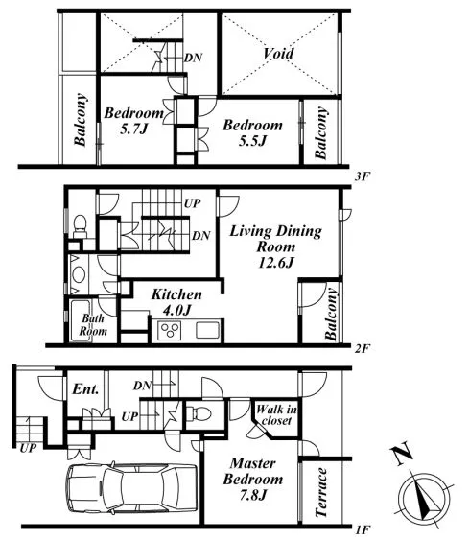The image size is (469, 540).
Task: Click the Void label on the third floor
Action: [x=278, y=54]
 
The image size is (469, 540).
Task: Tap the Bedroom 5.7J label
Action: [x=134, y=121]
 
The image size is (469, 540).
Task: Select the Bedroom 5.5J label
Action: [x=253, y=132]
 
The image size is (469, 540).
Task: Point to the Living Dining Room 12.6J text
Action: [x=276, y=247]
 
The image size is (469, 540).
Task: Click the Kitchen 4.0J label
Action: [x=176, y=302]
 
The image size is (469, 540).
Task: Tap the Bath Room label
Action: [x=93, y=324]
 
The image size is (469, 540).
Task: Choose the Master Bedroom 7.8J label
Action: [x=253, y=479]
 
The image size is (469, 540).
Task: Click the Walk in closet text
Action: [x=276, y=414]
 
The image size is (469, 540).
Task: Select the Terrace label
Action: [x=321, y=492]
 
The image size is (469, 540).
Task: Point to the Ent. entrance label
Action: [x=85, y=389]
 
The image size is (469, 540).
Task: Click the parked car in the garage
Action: [x=131, y=487]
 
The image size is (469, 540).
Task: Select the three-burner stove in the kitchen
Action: [x=170, y=330]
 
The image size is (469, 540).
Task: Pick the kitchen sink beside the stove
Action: [x=208, y=330]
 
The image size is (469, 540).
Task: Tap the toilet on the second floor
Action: [x=81, y=226]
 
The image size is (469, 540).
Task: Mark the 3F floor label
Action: [x=363, y=176]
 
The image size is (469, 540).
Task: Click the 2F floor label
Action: [x=363, y=349]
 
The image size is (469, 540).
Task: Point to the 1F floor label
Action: [x=363, y=529]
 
